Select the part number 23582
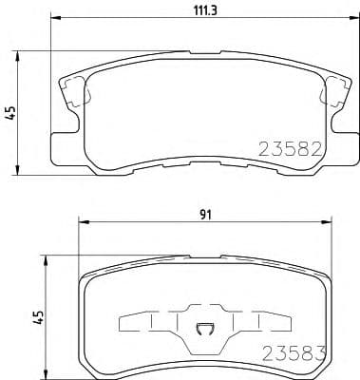(x=290, y=148)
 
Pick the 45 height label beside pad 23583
(x=38, y=314)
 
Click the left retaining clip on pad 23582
(x=71, y=92)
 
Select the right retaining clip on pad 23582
(x=334, y=92)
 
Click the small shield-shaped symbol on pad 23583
(x=202, y=331)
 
